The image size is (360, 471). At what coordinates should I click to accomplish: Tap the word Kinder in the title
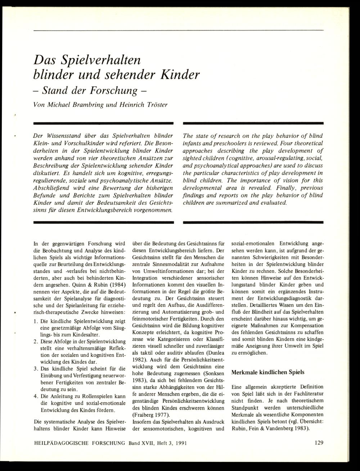click(177, 75)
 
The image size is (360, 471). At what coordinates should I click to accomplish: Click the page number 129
click(319, 443)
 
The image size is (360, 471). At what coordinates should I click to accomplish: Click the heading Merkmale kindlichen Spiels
click(267, 372)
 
